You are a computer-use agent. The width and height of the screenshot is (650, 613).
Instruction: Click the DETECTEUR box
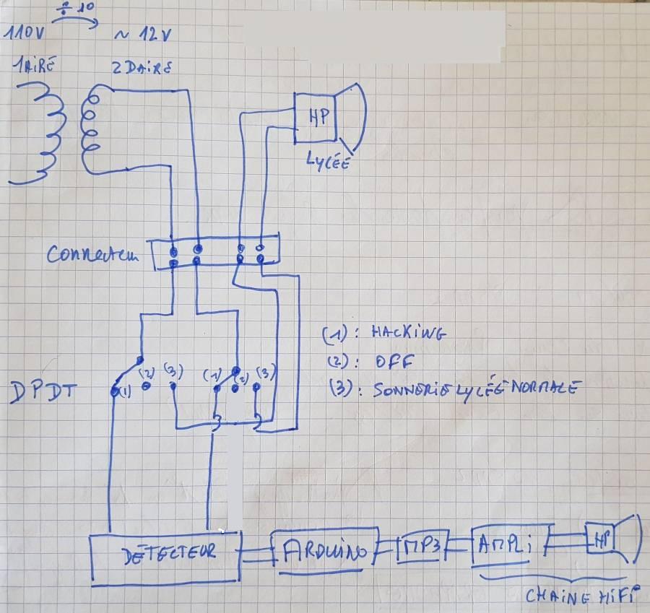pos(166,556)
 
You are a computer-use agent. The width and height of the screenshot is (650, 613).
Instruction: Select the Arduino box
pos(325,552)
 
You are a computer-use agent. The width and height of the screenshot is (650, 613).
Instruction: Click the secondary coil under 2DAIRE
pos(92,130)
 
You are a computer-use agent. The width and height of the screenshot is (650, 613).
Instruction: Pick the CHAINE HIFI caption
pos(582,596)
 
